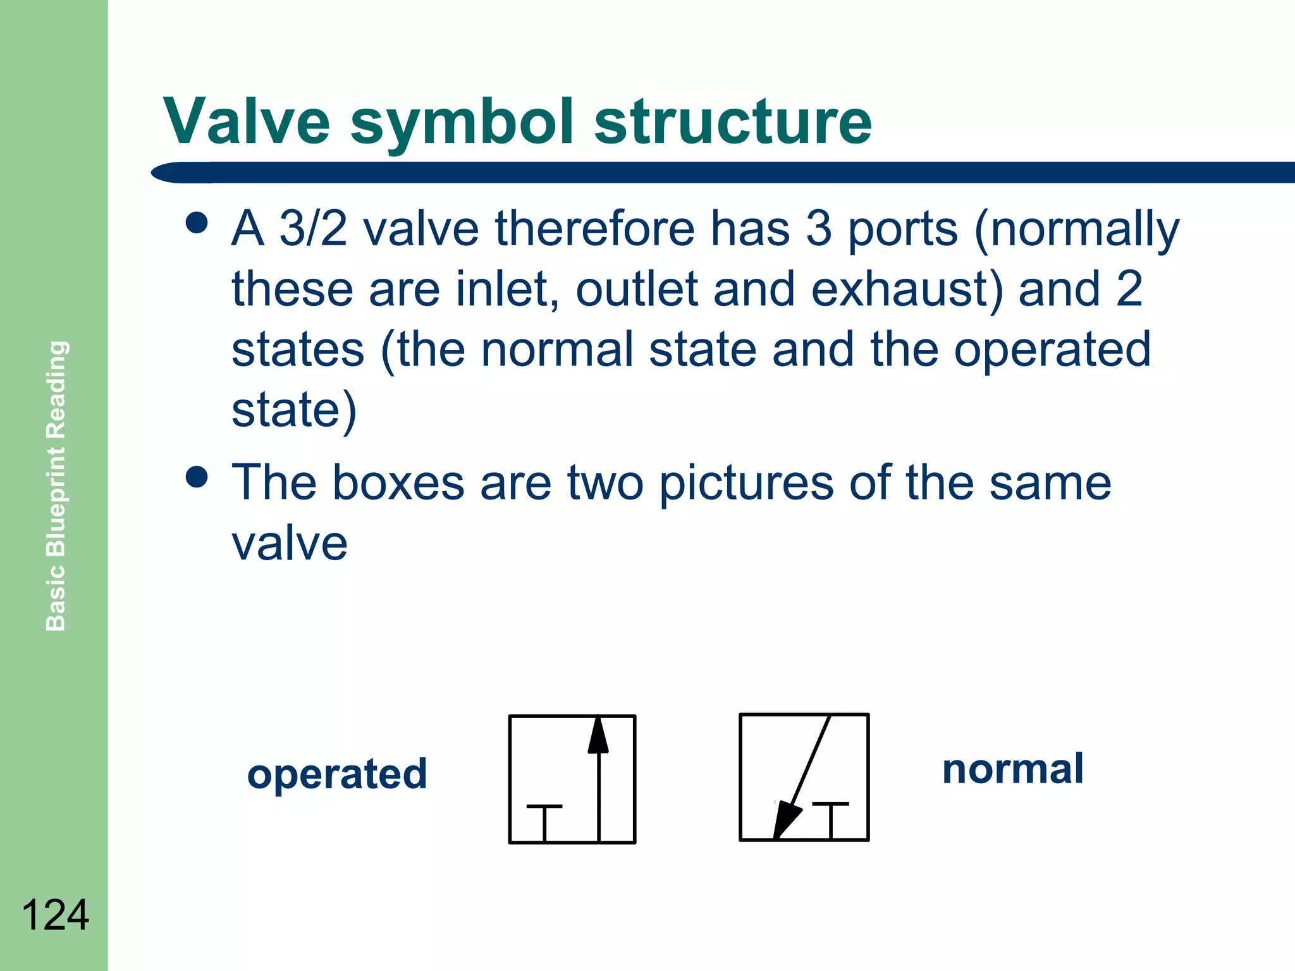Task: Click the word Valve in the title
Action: pyautogui.click(x=247, y=121)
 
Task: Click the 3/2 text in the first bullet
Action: pyautogui.click(x=313, y=228)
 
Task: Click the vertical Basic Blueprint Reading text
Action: pyautogui.click(x=56, y=485)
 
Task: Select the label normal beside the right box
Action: pyautogui.click(x=1013, y=769)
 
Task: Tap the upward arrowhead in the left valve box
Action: pyautogui.click(x=598, y=735)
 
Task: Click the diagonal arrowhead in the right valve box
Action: pyautogui.click(x=786, y=819)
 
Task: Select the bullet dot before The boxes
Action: pyautogui.click(x=197, y=477)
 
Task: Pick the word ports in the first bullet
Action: pyautogui.click(x=902, y=229)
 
